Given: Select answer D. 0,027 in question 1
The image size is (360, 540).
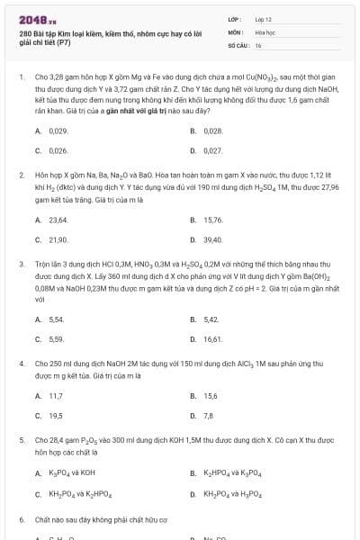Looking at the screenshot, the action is click(212, 150).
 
